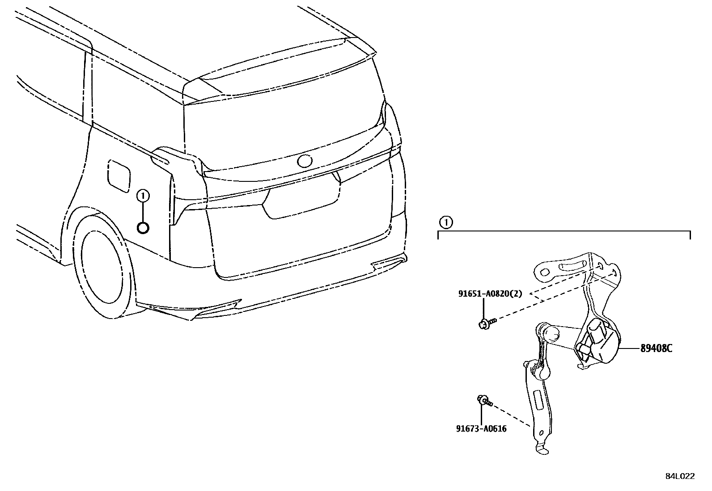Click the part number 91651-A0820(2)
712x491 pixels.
tap(490, 294)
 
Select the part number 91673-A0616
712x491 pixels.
tap(481, 429)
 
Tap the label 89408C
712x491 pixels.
tap(656, 348)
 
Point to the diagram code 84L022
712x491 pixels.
tap(680, 476)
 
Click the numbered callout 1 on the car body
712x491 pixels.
tap(143, 195)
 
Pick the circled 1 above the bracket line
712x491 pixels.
tap(445, 222)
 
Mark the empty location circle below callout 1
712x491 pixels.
tap(143, 228)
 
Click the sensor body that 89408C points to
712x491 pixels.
tap(597, 342)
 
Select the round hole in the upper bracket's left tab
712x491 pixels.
tap(544, 272)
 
